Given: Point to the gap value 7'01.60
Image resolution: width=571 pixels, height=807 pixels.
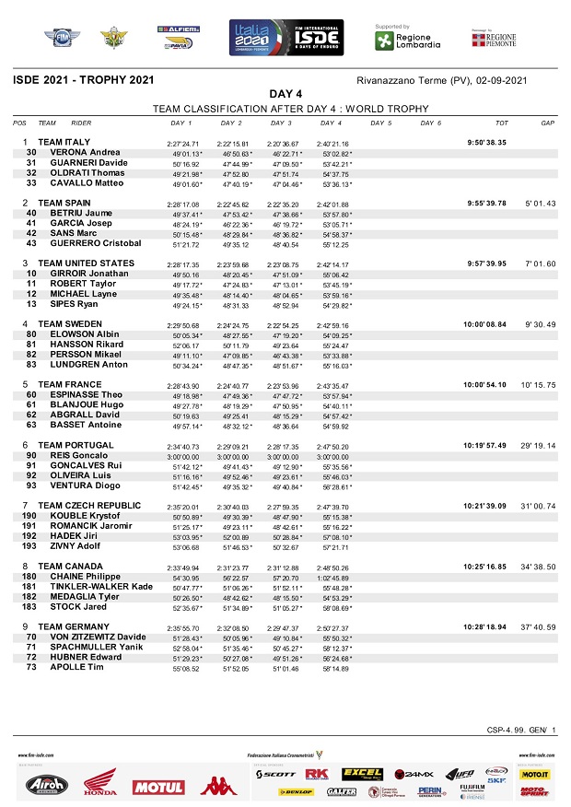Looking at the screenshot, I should [539, 263].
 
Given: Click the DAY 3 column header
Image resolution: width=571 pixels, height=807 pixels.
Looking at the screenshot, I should [282, 123].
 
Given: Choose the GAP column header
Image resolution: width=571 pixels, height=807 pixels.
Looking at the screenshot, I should [547, 123].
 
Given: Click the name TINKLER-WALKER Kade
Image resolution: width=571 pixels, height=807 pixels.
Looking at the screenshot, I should [101, 586].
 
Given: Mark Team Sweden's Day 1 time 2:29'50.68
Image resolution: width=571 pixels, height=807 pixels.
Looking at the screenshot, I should [182, 324].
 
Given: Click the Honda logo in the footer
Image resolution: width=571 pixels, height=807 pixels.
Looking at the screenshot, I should [99, 784].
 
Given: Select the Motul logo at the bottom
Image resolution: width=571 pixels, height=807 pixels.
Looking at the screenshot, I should [157, 787].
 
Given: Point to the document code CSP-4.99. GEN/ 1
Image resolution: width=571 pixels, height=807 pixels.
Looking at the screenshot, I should [521, 730].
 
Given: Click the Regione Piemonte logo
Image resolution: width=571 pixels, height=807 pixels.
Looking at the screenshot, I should [495, 40].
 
